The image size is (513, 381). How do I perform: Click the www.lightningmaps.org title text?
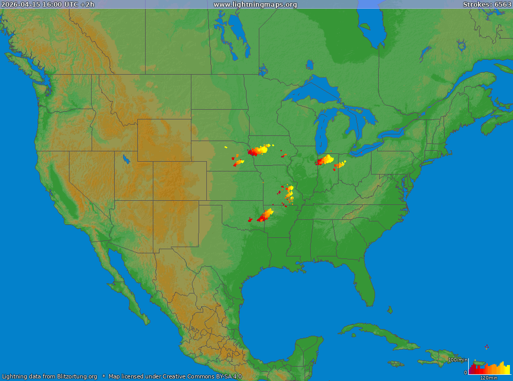(255, 5)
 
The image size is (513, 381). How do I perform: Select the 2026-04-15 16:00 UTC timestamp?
(48, 5)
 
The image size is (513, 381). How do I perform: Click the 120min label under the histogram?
(488, 378)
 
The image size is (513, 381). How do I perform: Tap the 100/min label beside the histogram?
(457, 360)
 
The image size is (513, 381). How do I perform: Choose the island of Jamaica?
(396, 363)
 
